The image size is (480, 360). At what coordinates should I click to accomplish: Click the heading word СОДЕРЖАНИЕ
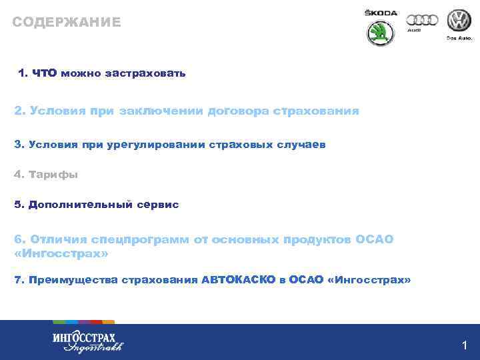point(67,22)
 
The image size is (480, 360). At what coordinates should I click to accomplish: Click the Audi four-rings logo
point(423,21)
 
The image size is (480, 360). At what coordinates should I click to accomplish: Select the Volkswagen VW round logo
point(459,21)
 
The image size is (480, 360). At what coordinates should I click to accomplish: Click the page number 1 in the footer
point(465,345)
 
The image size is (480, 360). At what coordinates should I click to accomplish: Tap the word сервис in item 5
point(158,205)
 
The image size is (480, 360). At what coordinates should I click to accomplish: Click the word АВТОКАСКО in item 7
point(238,281)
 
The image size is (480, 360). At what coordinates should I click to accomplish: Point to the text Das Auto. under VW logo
point(459,38)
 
